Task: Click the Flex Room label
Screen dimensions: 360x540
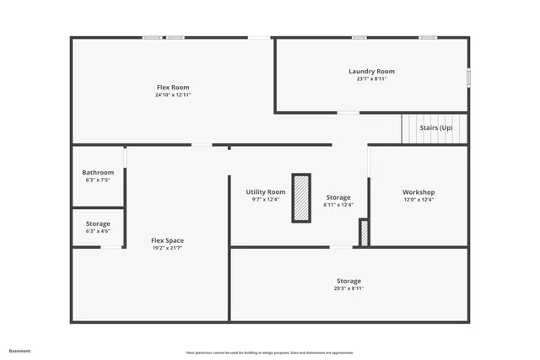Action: [x=173, y=88]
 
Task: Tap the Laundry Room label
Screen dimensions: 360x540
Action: [x=371, y=72]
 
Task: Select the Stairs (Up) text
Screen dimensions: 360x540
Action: [x=437, y=127]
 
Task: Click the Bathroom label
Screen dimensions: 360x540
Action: [x=98, y=173]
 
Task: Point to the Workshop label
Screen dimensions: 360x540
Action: [x=418, y=192]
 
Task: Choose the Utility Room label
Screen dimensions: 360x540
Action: [x=266, y=192]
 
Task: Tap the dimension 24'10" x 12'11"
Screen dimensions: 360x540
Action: [x=173, y=95]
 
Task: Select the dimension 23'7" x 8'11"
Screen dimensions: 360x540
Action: [x=371, y=79]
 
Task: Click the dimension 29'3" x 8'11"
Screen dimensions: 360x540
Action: [x=348, y=288]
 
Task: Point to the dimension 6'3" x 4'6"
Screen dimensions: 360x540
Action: [x=98, y=231]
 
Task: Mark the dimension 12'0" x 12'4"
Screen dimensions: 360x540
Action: [x=418, y=200]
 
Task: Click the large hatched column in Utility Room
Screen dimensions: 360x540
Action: [x=301, y=198]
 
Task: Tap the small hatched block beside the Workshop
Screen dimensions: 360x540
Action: [x=364, y=233]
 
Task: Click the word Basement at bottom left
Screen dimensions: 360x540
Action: [x=20, y=351]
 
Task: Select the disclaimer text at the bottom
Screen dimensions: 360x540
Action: [x=270, y=352]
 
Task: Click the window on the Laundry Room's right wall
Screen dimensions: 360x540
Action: [x=468, y=77]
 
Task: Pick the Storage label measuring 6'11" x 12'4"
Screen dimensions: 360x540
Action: [x=338, y=197]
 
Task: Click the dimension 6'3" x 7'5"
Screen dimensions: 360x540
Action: [x=98, y=180]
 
